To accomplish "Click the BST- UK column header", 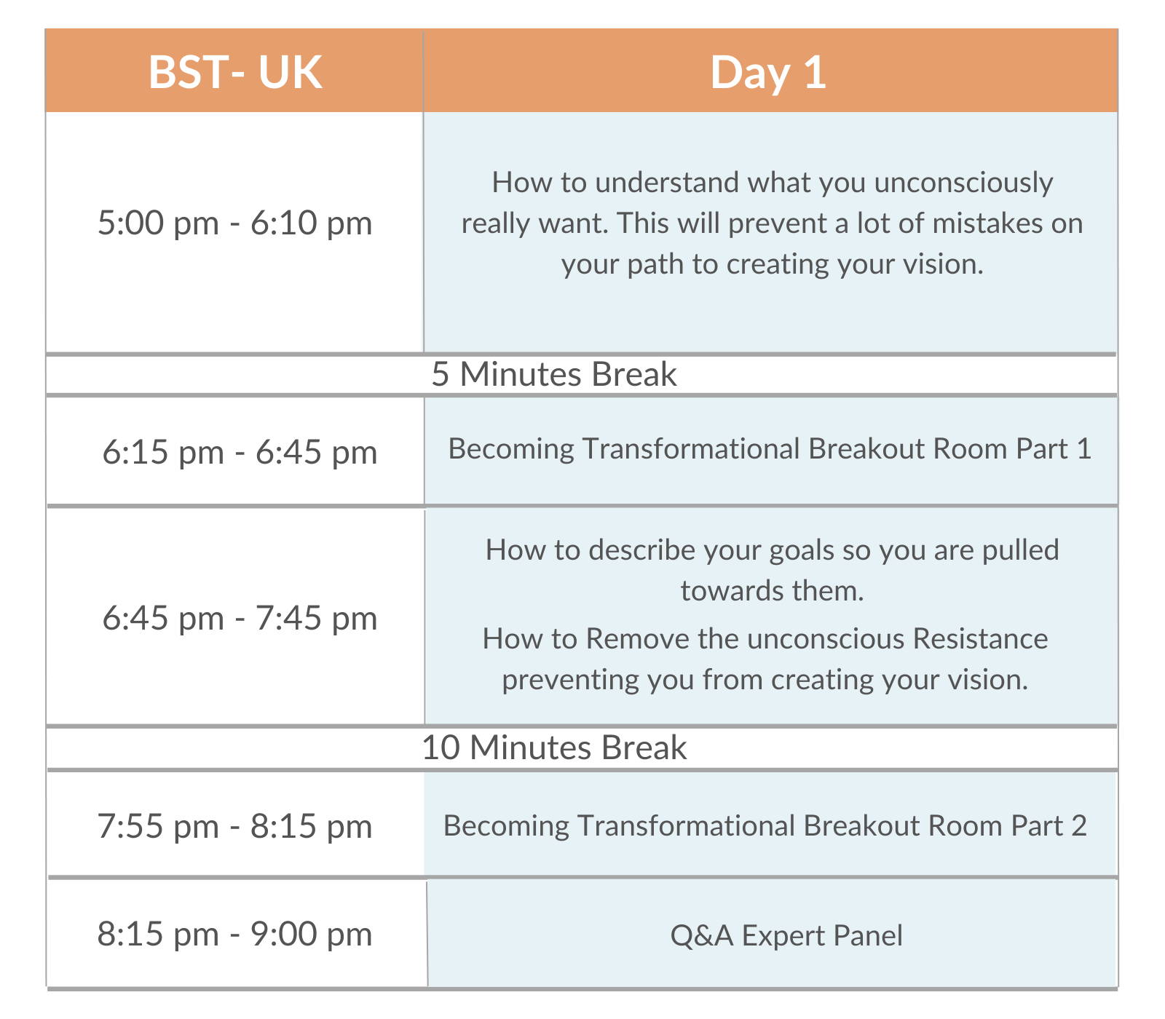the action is [x=235, y=72].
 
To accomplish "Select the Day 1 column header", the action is [x=768, y=73].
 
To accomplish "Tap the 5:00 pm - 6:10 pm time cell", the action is [x=235, y=223].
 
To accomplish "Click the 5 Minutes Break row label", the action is [x=554, y=374].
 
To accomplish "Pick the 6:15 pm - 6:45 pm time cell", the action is [x=240, y=452].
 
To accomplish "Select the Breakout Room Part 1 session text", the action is [x=770, y=448].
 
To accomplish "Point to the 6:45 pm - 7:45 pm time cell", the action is [x=240, y=618].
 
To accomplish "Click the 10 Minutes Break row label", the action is [x=554, y=748].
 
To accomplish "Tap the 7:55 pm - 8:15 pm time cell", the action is [x=234, y=826].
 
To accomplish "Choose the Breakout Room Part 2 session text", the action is [x=765, y=825].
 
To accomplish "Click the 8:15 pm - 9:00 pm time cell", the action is [x=234, y=934].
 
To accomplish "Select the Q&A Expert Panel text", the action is [x=786, y=935].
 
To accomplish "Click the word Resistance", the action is [x=980, y=638].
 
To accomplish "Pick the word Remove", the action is [x=637, y=638].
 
